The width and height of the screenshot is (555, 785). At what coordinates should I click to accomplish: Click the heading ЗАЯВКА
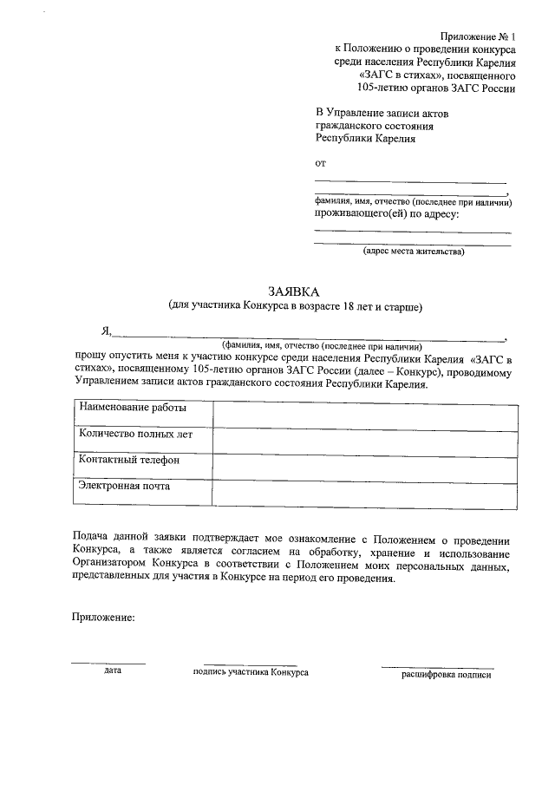294,292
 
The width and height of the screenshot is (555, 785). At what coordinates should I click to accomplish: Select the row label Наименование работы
132,408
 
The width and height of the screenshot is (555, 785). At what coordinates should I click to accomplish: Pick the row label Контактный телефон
128,460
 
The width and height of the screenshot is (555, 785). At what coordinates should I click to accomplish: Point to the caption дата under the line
112,671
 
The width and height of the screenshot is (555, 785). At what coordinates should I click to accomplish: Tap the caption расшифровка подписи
446,674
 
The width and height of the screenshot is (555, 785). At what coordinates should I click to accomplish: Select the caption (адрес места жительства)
414,252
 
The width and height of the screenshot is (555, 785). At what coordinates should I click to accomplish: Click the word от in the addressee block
320,162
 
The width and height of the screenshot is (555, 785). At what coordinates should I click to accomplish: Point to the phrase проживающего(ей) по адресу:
387,213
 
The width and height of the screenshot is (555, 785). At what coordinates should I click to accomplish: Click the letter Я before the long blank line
105,330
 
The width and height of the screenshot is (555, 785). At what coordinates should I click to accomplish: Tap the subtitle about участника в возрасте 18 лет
295,307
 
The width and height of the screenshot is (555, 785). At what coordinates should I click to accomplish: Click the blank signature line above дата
108,663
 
